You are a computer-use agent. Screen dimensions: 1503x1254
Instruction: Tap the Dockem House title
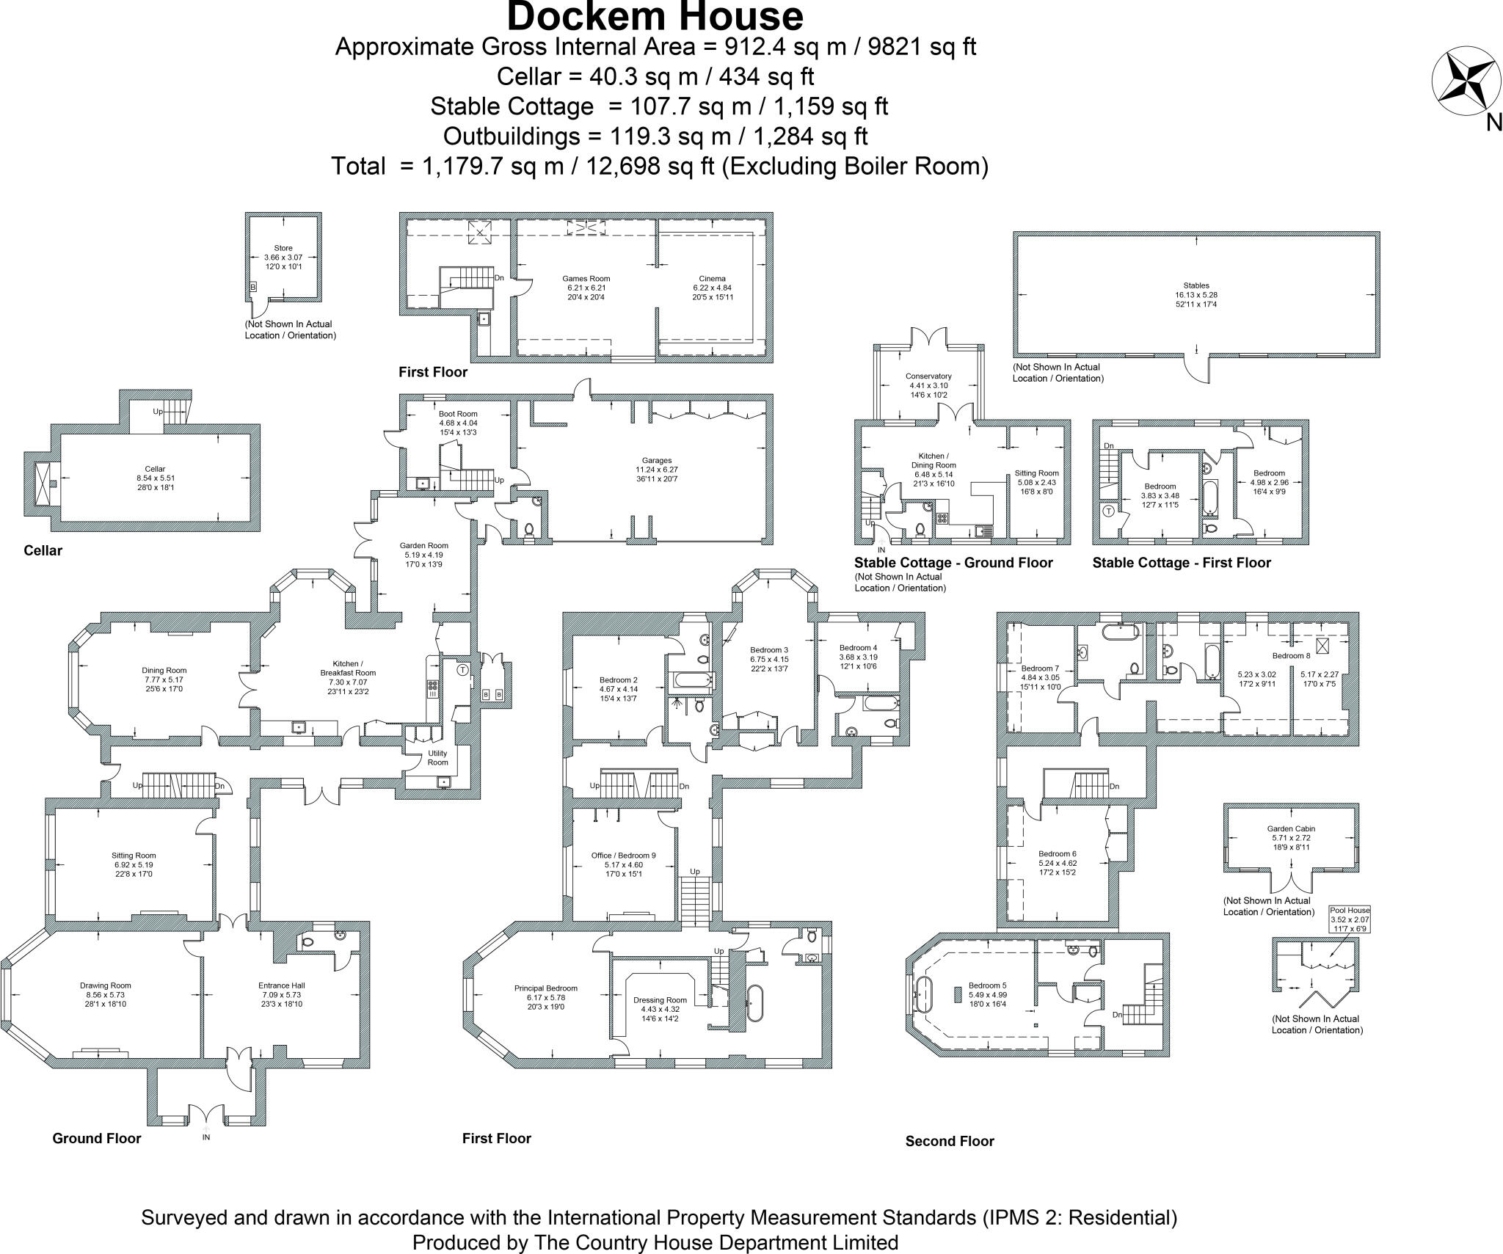click(655, 16)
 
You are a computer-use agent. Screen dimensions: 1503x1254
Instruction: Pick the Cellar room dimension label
click(155, 478)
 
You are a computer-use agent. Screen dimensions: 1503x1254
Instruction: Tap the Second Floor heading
click(950, 1141)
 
